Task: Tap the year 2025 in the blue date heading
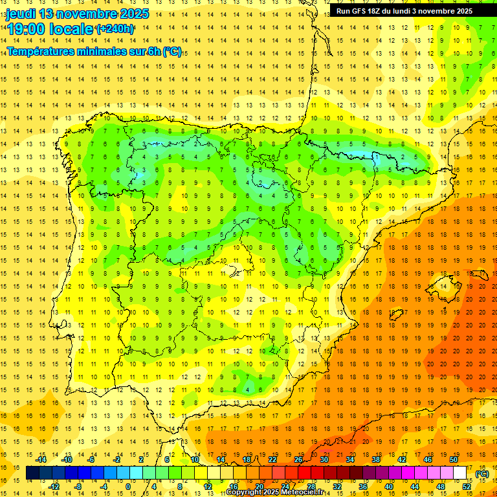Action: coord(134,14)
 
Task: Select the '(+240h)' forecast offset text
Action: coord(115,28)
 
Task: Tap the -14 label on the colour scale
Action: coord(41,459)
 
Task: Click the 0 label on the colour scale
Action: coord(128,487)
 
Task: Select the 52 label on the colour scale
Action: coord(467,487)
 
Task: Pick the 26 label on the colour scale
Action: coord(298,459)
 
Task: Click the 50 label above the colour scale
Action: coord(454,459)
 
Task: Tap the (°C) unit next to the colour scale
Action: coord(481,474)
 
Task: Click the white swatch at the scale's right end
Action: coord(459,473)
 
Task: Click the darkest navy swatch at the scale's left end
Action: coord(32,473)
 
